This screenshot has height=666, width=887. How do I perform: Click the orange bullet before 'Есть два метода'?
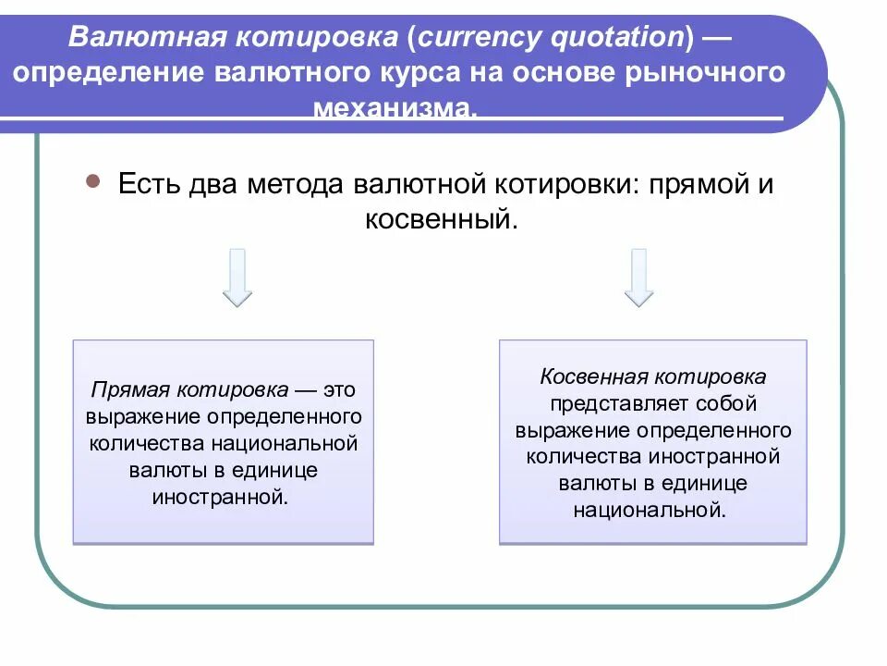click(92, 182)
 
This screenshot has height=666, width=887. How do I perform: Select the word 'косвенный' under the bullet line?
click(437, 219)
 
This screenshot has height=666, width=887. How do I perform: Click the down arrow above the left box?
click(237, 277)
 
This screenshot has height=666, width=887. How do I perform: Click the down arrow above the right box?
click(638, 277)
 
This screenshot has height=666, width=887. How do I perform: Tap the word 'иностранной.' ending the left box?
click(220, 497)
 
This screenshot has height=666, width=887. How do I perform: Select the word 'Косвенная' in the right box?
click(595, 377)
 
